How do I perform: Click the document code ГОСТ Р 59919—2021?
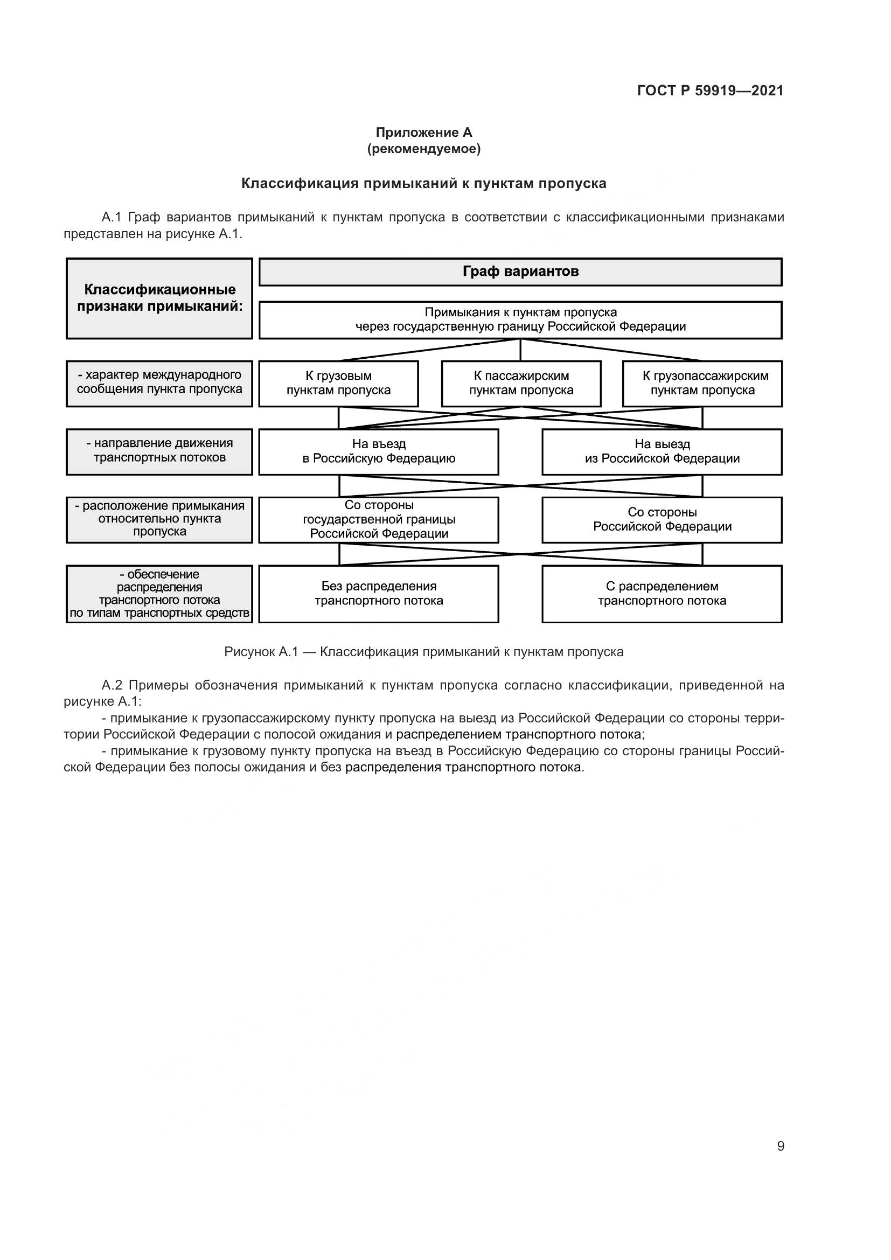(x=710, y=91)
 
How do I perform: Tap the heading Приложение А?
(x=423, y=133)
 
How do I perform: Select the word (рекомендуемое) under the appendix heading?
(x=423, y=149)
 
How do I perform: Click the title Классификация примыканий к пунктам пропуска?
(x=423, y=183)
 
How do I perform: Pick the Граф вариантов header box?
(x=520, y=272)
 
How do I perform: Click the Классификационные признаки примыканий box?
(x=159, y=298)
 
